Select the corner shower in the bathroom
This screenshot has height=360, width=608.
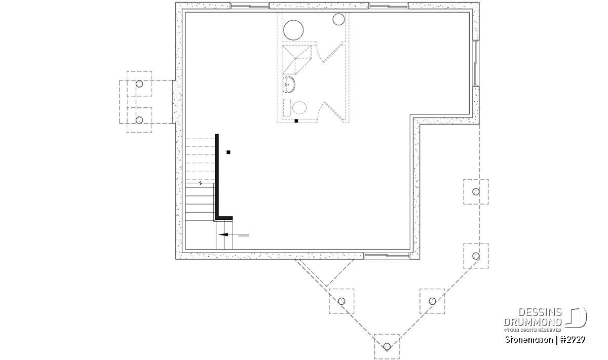(297, 60)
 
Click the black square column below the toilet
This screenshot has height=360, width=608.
(296, 121)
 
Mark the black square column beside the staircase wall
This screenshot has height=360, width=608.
(229, 152)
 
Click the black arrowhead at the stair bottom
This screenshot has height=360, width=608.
(223, 234)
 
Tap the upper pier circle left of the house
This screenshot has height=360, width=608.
(139, 84)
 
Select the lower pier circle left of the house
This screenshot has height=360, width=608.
(139, 120)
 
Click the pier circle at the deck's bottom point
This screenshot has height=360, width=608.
(387, 346)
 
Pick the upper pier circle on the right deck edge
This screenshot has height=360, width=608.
(476, 192)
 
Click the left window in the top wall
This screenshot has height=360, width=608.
(250, 6)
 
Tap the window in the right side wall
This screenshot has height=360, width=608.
(476, 63)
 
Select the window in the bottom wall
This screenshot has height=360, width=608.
(387, 255)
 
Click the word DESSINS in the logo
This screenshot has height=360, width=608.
(540, 312)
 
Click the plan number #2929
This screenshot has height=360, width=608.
(573, 340)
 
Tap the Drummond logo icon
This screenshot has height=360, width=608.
(576, 317)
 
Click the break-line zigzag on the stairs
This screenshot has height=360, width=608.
(200, 183)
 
